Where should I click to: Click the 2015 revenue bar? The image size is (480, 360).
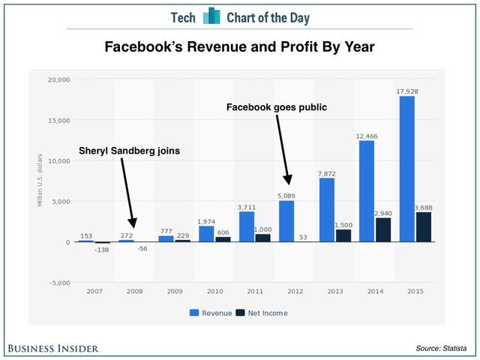[406, 169]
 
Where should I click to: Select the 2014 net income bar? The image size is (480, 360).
[384, 229]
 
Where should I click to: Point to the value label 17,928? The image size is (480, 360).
[406, 91]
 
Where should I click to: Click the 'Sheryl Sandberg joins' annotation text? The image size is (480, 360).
[130, 151]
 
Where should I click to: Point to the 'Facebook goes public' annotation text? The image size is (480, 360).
[277, 107]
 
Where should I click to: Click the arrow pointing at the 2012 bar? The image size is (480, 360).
[283, 150]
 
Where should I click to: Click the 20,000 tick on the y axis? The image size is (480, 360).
[58, 79]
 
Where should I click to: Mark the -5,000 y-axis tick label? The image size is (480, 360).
[58, 283]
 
